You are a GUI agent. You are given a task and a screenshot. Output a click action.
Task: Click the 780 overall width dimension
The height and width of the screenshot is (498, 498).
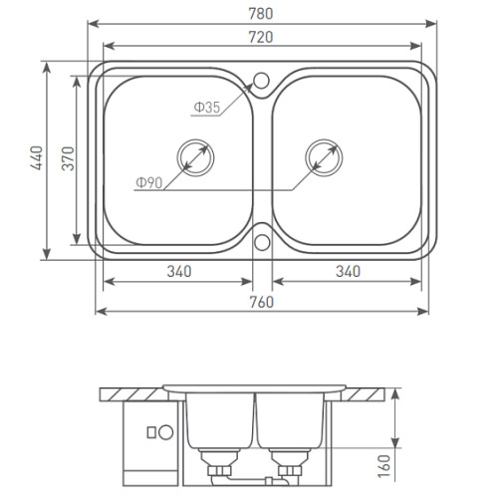tap(261, 14)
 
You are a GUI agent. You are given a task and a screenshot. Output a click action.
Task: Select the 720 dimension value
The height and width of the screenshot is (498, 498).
tap(261, 37)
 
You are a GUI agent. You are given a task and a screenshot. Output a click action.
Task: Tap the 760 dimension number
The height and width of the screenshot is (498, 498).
tap(262, 302)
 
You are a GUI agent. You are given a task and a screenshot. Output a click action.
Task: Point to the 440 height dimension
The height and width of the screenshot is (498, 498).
tap(37, 158)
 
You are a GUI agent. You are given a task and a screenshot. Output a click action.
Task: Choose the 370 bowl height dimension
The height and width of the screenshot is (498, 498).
tap(68, 158)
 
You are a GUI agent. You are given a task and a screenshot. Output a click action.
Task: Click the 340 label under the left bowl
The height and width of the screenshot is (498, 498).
tap(179, 272)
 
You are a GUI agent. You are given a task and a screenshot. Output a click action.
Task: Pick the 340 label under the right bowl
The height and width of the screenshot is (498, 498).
tap(348, 272)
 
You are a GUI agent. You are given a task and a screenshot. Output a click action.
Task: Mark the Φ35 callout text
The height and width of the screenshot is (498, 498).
tap(207, 108)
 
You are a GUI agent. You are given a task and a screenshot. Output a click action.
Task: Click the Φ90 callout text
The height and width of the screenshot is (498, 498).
tap(149, 182)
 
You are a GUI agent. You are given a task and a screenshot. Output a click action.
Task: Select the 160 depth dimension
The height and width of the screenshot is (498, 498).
tap(384, 466)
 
